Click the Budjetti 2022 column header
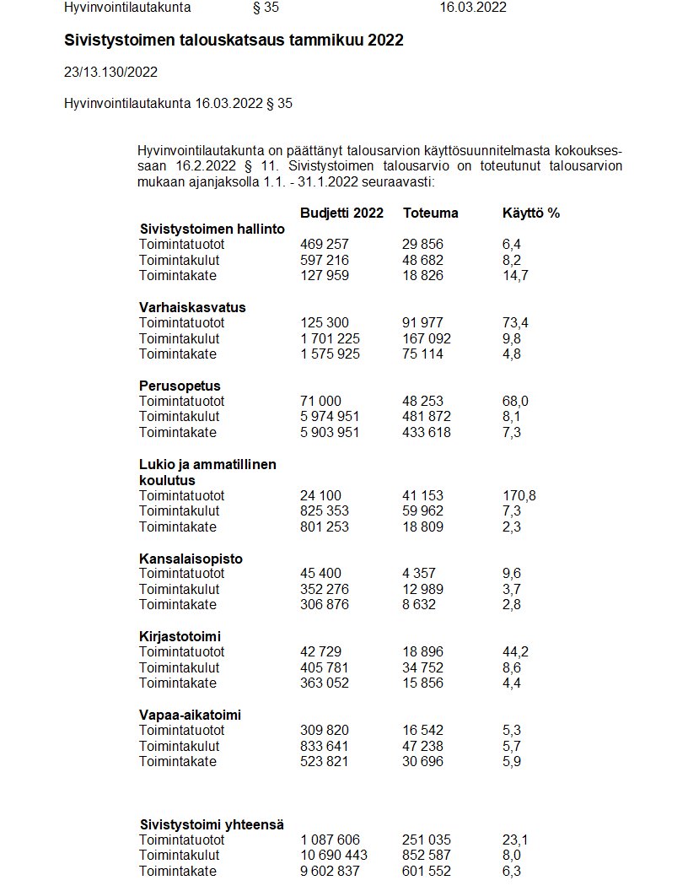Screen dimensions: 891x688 coord(341,213)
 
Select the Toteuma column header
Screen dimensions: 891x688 coord(430,213)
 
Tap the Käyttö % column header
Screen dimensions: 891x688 coord(530,213)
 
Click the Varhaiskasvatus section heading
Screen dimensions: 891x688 coord(192,307)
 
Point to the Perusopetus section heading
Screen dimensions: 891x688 coord(180,386)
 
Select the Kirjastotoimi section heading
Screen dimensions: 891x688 coord(180,636)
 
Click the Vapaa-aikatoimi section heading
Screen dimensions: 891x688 coord(190,715)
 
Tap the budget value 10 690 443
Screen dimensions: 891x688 coord(334,856)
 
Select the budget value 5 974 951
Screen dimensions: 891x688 coord(331,416)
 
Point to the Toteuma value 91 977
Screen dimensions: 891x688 coord(422,322)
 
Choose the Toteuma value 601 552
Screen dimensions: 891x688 coord(427,871)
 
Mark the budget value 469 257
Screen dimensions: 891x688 coord(325,244)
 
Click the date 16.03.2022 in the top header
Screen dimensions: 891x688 coord(473,8)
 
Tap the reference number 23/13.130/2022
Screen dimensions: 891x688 coord(110,72)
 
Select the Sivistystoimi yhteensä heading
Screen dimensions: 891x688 coord(212,824)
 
